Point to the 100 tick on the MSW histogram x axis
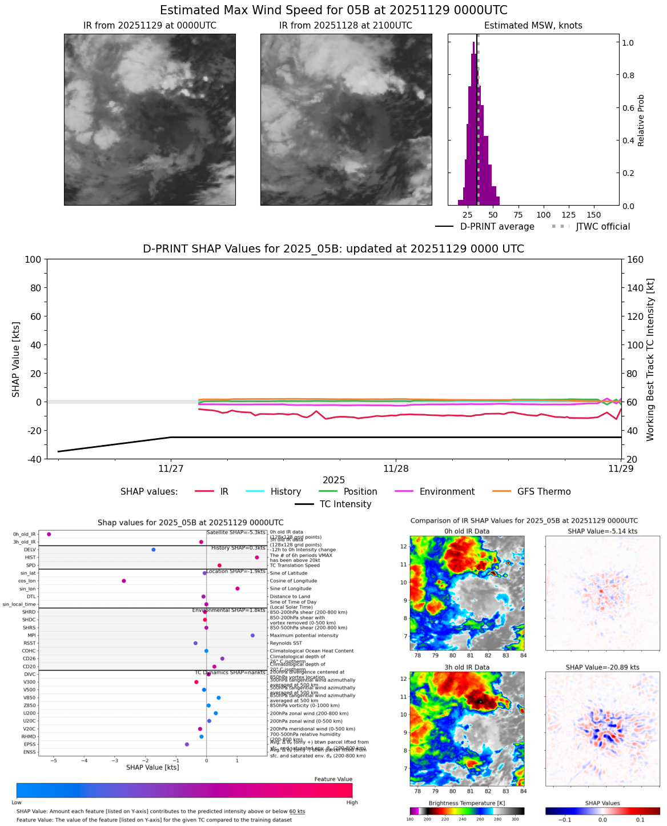(x=544, y=215)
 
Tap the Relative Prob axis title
(x=641, y=120)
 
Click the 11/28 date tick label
(x=396, y=469)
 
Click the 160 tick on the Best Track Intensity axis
(x=632, y=260)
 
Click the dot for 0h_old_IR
(x=49, y=534)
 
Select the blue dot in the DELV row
(x=153, y=550)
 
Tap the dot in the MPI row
(x=252, y=635)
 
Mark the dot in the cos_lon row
(x=123, y=581)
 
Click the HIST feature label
(x=30, y=558)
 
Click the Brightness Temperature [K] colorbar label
(x=467, y=803)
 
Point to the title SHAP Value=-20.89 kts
(x=602, y=667)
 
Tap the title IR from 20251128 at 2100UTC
(x=345, y=26)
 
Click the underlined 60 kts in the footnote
(x=297, y=812)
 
